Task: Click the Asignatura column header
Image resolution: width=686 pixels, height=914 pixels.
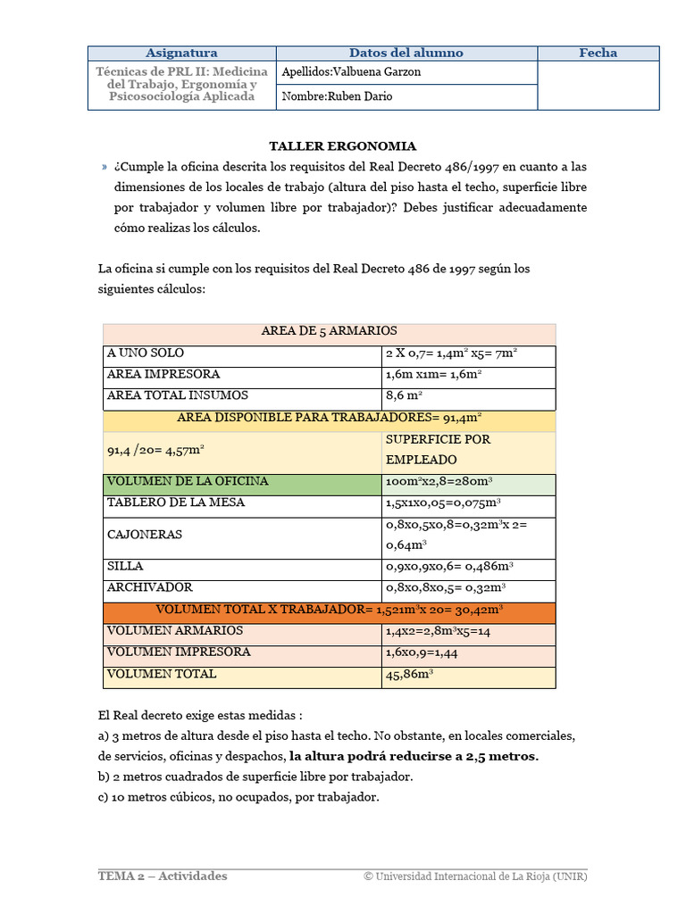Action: [181, 53]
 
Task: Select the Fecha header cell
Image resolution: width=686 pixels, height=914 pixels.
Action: [598, 53]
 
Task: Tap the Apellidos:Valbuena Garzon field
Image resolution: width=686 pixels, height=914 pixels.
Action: [406, 72]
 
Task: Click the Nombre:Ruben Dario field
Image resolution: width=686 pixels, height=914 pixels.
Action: [406, 96]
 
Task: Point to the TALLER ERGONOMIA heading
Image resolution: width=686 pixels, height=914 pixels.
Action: [343, 146]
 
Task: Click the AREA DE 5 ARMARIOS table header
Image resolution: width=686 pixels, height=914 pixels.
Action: [329, 331]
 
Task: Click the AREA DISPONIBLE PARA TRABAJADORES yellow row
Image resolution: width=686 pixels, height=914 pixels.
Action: [329, 417]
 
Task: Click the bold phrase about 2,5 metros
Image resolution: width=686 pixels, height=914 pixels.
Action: [414, 756]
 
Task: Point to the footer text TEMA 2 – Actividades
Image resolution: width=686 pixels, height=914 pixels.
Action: [163, 876]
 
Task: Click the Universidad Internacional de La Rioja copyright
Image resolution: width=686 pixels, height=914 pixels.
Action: [475, 876]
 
